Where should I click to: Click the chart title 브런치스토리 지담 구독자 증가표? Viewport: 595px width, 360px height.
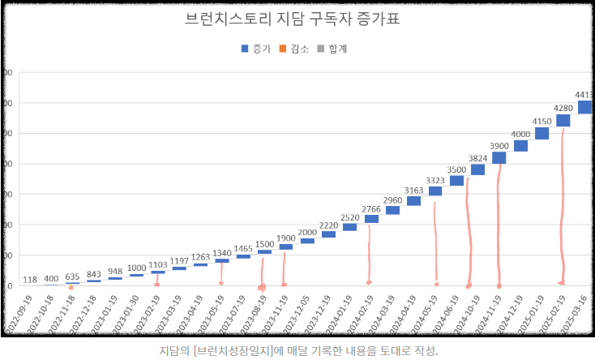click(x=297, y=19)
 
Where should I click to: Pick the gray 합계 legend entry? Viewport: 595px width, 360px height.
click(x=332, y=49)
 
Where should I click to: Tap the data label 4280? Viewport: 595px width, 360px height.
click(x=563, y=107)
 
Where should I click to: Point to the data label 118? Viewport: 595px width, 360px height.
click(x=30, y=280)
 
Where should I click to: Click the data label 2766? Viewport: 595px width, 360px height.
click(x=371, y=210)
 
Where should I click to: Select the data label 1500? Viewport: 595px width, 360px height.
click(x=264, y=244)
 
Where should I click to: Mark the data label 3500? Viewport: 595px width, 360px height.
click(x=456, y=169)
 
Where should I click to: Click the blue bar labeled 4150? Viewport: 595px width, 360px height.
click(x=541, y=134)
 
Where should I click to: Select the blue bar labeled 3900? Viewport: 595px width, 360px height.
click(x=499, y=158)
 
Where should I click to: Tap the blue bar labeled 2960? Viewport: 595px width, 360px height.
click(x=392, y=210)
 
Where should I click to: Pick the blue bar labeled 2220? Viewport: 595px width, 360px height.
click(x=328, y=234)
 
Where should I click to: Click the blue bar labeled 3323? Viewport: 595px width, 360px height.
click(x=435, y=191)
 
